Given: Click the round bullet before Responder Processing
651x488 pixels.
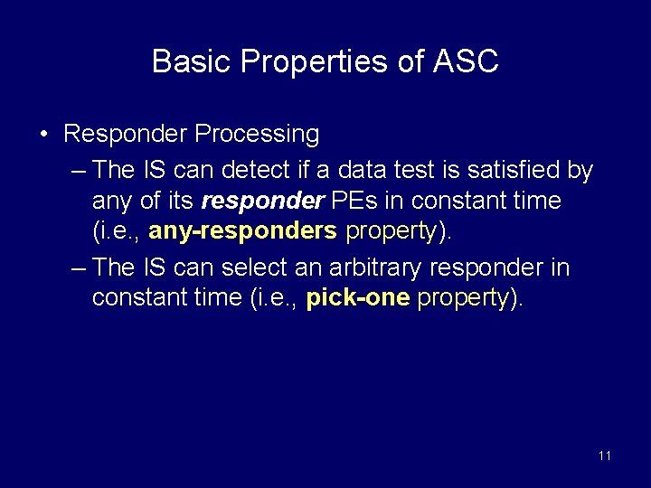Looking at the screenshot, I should tap(43, 135).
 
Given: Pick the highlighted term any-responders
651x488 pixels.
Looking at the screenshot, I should tap(242, 231).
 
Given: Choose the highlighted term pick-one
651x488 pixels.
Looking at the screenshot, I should tap(358, 298).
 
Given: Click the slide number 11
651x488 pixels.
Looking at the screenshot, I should tap(604, 455).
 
